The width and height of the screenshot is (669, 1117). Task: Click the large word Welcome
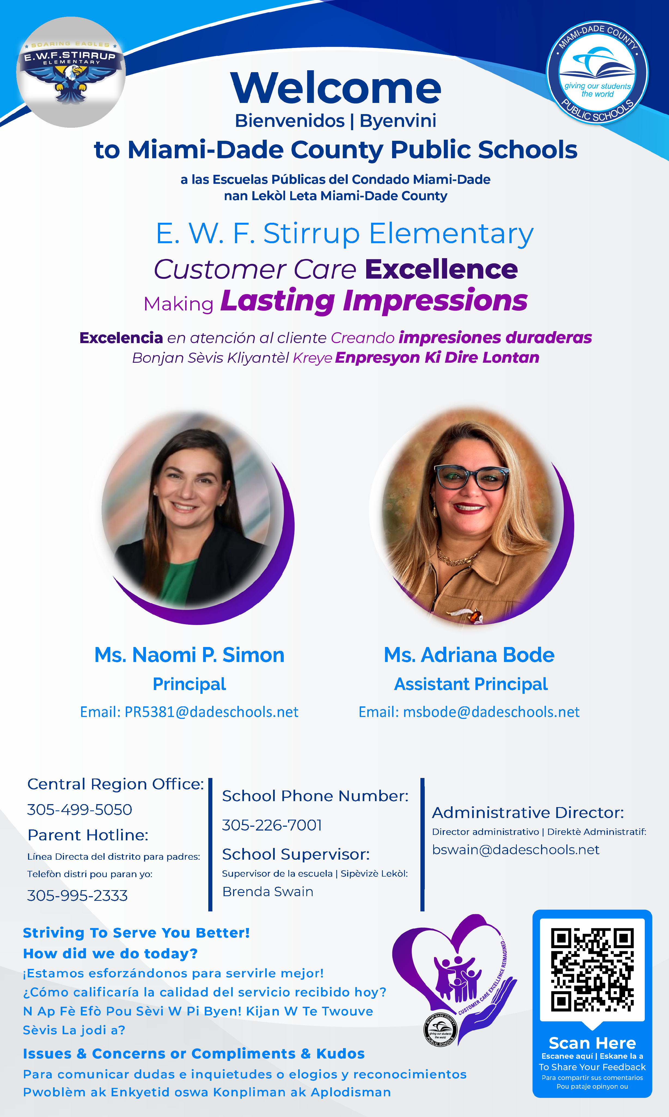[335, 88]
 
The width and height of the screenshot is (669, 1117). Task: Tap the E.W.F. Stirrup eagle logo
[71, 72]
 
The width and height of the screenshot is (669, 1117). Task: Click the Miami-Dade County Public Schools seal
[597, 72]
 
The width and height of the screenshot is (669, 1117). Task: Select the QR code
[592, 969]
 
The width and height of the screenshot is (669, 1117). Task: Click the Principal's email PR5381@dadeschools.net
[212, 712]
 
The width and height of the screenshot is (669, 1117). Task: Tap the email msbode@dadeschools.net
[491, 712]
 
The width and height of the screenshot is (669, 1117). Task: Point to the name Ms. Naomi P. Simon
[189, 655]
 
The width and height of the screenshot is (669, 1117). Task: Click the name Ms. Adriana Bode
[469, 655]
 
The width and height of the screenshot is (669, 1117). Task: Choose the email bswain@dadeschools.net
[516, 850]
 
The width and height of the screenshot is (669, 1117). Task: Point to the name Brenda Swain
[268, 892]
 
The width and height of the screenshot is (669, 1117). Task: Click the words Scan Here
[592, 1043]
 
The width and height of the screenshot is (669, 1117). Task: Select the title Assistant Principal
[471, 684]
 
